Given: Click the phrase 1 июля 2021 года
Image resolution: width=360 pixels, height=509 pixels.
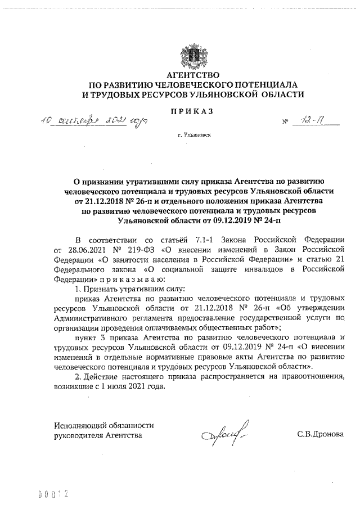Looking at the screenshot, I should tap(130, 388).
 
